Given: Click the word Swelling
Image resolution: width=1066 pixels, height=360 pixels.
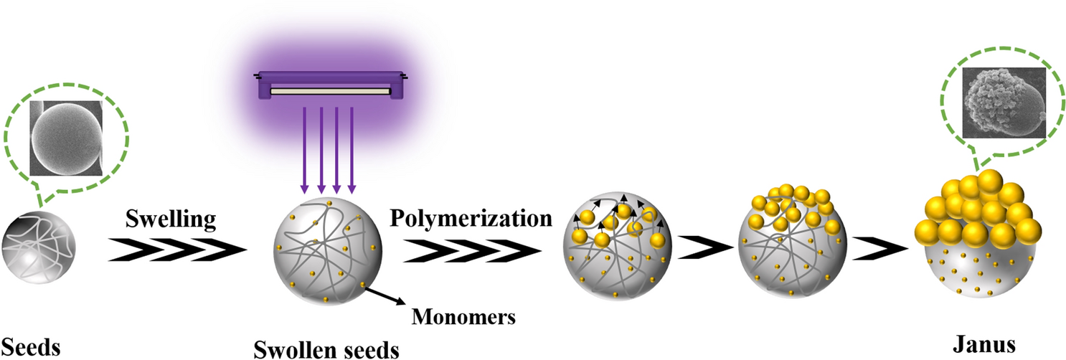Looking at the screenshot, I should [170, 217].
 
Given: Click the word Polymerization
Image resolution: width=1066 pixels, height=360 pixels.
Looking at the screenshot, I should [471, 217].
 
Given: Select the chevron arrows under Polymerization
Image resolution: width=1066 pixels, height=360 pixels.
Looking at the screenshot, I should [473, 251].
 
